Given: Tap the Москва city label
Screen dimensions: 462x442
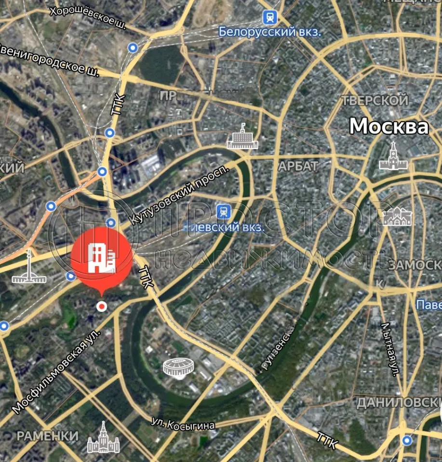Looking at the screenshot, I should pos(388,127).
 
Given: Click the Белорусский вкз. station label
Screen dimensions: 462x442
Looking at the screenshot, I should pos(269,32).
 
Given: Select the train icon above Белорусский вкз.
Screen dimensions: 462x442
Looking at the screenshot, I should pos(270,18).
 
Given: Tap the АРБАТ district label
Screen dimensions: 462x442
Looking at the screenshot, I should pos(298,167).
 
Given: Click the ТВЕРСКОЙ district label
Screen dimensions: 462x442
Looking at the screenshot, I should pos(375,101).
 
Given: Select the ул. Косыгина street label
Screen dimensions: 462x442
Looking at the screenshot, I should pos(183,424).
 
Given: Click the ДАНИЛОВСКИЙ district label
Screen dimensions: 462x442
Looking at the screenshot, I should pos(398,402).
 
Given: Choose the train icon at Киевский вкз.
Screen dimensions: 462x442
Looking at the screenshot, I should pos(223,211).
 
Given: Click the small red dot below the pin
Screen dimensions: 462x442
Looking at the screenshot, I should pos(101,306).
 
